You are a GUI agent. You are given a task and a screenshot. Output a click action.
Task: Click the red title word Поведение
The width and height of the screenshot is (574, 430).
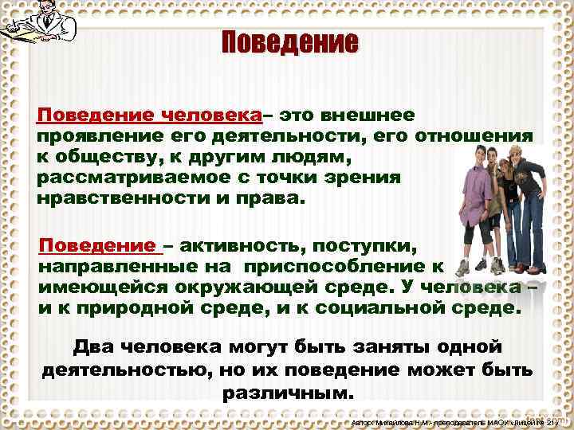point(289,41)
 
